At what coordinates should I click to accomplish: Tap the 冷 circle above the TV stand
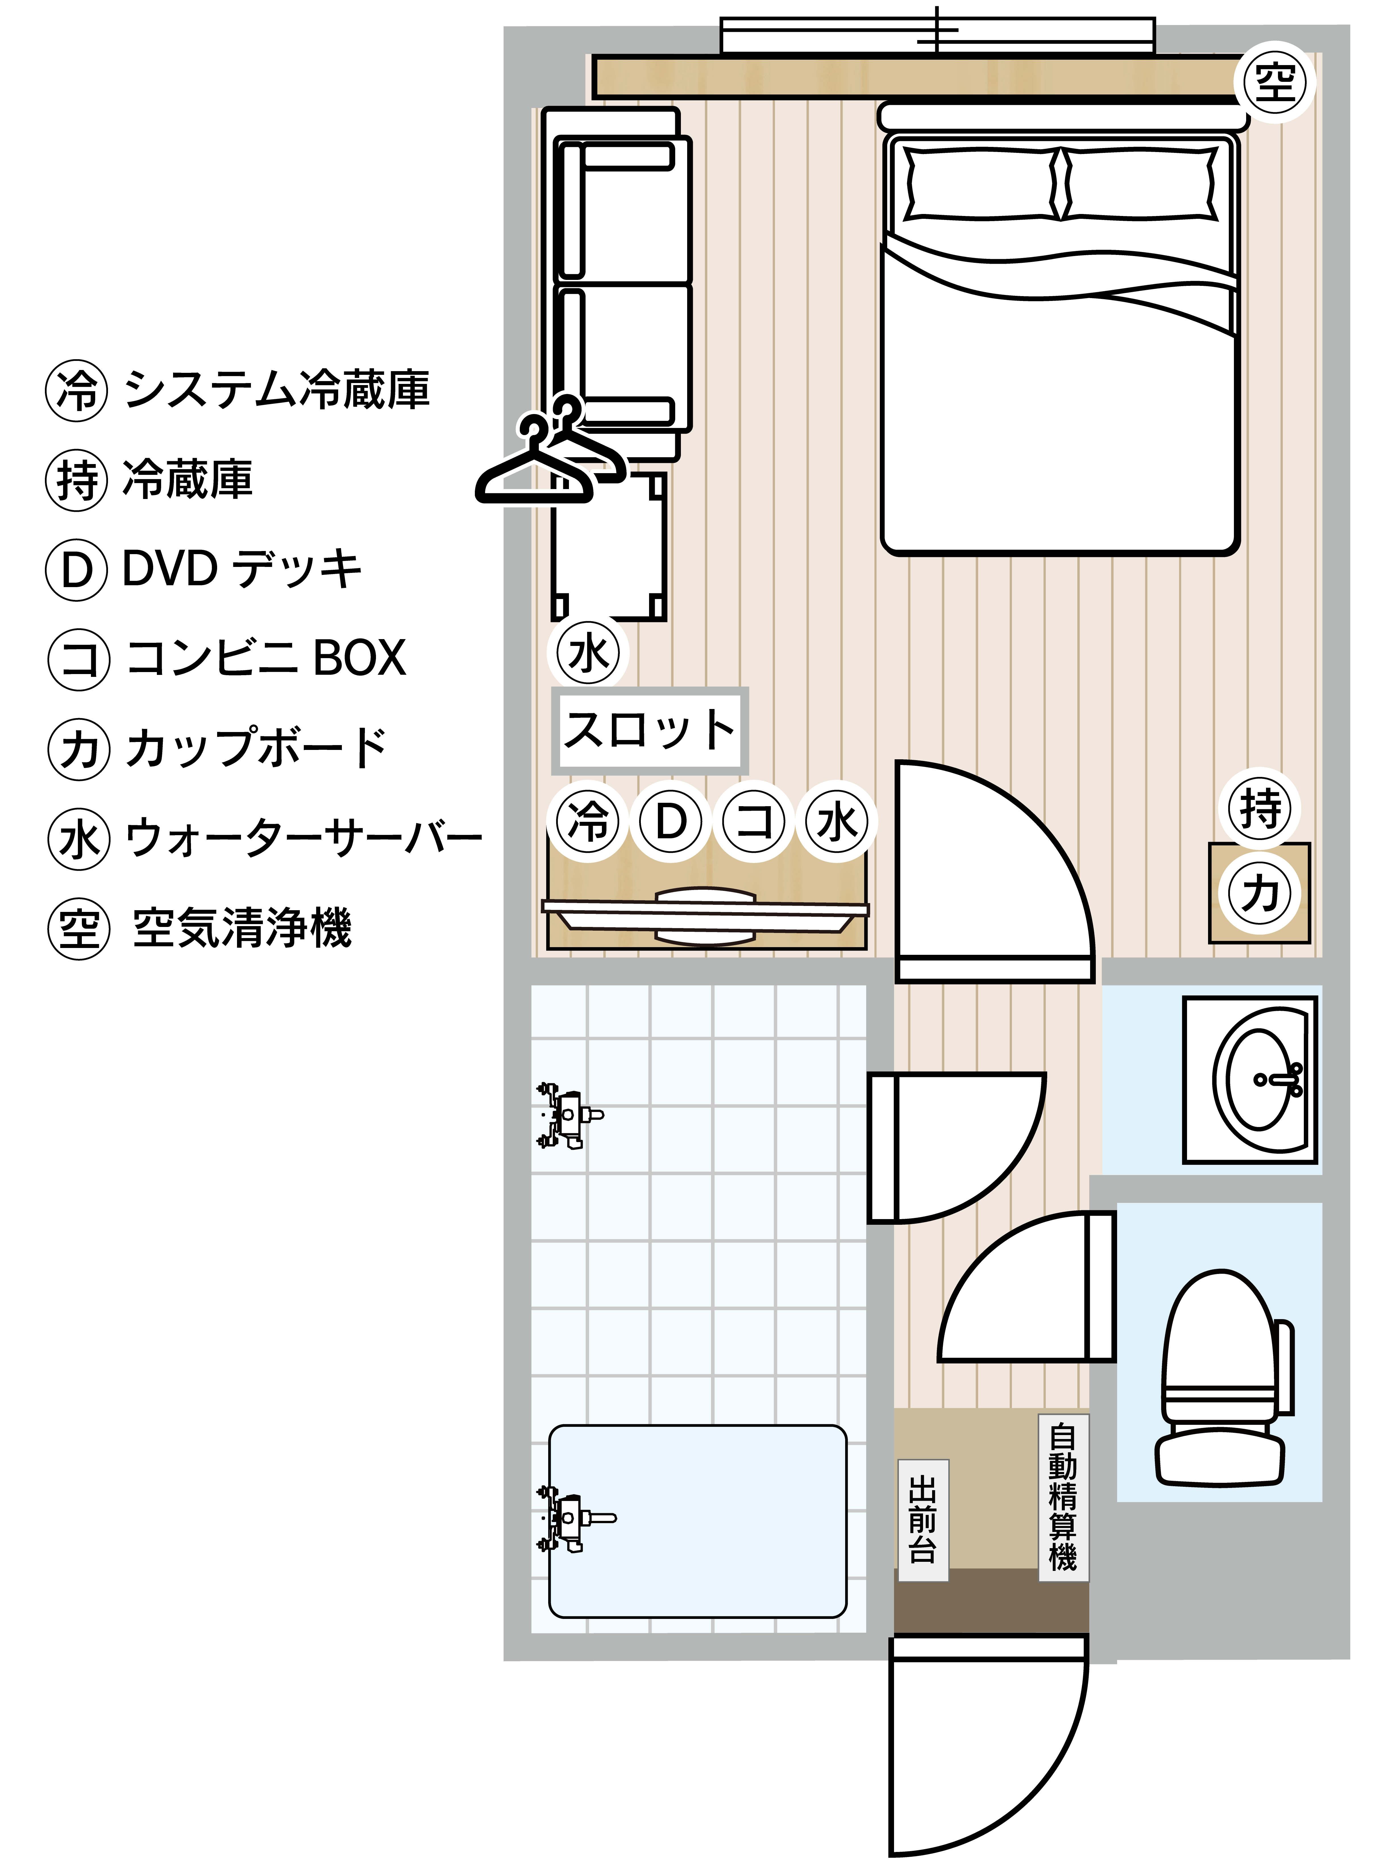[x=588, y=821]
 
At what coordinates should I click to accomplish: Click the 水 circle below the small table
[x=588, y=653]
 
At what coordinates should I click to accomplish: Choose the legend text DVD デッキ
[x=242, y=569]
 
